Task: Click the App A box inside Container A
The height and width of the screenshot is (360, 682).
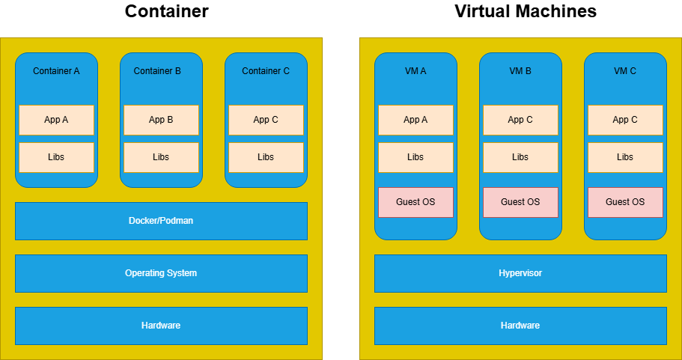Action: point(56,120)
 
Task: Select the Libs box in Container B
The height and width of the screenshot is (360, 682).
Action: point(161,157)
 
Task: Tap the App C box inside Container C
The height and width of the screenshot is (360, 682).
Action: point(266,120)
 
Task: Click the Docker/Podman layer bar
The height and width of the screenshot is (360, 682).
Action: point(161,221)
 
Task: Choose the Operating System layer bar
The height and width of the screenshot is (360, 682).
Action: point(161,273)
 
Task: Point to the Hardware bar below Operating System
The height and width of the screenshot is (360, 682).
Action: point(161,326)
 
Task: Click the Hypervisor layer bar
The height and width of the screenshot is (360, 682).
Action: point(520,273)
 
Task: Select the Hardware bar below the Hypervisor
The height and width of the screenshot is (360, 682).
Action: point(520,326)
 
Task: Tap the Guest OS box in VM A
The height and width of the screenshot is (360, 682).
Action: point(415,202)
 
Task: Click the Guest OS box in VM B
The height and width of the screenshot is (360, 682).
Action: point(520,202)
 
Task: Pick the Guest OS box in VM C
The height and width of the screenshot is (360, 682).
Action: point(625,202)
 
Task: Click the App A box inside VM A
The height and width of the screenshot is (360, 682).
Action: point(415,120)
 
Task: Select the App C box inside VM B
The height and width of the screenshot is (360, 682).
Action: point(520,120)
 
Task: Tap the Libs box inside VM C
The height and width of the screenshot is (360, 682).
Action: point(625,157)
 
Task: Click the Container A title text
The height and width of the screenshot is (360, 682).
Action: point(56,71)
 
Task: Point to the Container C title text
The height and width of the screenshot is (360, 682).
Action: point(266,71)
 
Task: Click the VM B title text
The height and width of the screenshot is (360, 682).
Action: point(520,71)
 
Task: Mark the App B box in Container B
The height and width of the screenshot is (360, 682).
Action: point(161,120)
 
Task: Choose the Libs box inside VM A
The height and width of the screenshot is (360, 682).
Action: point(415,157)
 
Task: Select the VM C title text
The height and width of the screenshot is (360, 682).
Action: point(625,71)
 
